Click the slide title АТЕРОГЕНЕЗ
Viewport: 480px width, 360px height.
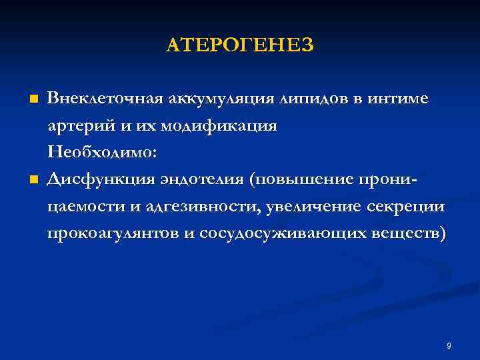click(239, 45)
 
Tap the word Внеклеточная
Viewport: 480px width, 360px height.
click(106, 99)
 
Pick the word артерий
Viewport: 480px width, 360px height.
click(75, 125)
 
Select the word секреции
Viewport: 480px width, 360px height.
click(405, 207)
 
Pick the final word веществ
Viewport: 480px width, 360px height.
click(413, 234)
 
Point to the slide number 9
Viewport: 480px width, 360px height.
click(449, 345)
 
